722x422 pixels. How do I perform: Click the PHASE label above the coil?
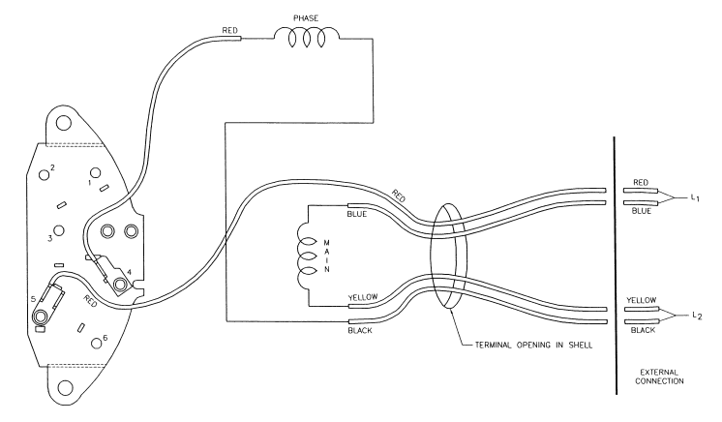306,18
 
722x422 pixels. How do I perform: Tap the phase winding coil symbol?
307,38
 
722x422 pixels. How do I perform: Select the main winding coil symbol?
306,256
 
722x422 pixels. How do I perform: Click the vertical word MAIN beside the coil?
327,256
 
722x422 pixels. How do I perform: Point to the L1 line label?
695,198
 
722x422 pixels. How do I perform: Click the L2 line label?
697,316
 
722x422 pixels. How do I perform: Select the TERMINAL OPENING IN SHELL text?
533,345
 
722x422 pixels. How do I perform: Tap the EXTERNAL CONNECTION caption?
659,377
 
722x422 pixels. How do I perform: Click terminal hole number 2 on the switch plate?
45,174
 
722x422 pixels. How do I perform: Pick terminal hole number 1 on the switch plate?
95,172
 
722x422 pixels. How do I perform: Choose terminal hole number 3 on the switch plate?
58,230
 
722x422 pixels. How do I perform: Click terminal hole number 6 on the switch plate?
97,344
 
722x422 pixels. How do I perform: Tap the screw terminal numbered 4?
121,284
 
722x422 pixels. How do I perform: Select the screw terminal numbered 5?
41,316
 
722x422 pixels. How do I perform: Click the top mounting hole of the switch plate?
64,123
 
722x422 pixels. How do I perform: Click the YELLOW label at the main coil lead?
363,297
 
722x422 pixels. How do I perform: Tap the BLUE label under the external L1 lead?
642,211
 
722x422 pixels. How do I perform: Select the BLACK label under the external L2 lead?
643,330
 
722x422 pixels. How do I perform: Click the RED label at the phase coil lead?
229,30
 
